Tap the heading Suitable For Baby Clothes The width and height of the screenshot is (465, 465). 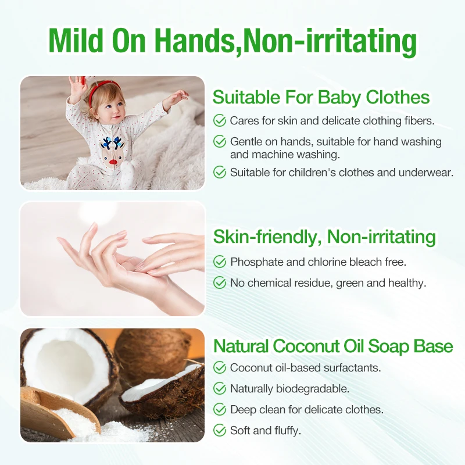pyautogui.click(x=321, y=97)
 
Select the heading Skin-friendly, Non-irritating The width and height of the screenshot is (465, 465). pyautogui.click(x=324, y=237)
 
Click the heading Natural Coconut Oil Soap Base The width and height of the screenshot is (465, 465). pyautogui.click(x=333, y=346)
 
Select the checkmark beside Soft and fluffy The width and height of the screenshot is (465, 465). pyautogui.click(x=220, y=431)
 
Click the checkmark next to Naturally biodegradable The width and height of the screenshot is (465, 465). pyautogui.click(x=220, y=388)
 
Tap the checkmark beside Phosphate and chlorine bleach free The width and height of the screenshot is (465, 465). pyautogui.click(x=220, y=262)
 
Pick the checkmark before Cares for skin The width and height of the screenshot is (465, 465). pyautogui.click(x=220, y=121)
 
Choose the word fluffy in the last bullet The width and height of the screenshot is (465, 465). pyautogui.click(x=286, y=431)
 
